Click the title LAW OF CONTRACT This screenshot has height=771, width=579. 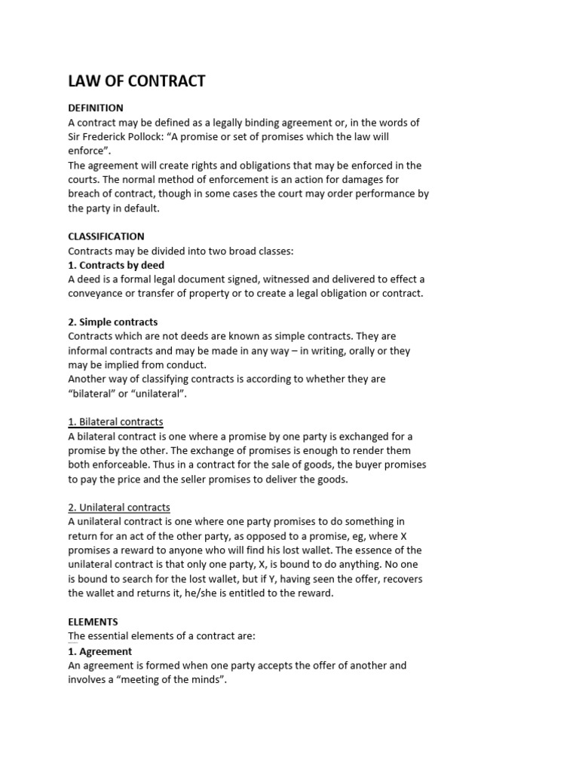(x=136, y=81)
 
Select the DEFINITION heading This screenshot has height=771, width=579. (x=96, y=108)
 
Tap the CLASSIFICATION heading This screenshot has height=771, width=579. (x=106, y=236)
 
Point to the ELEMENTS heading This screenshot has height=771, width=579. (x=93, y=622)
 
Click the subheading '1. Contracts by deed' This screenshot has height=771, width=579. (x=116, y=265)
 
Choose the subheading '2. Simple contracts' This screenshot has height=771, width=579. (x=113, y=322)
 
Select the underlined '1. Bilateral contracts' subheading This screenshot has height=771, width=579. (x=115, y=422)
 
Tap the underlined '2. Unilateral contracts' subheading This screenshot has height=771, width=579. (x=119, y=507)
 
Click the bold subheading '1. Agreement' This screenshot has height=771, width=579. (x=100, y=651)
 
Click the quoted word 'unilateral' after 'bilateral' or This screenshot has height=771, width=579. (x=159, y=394)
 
